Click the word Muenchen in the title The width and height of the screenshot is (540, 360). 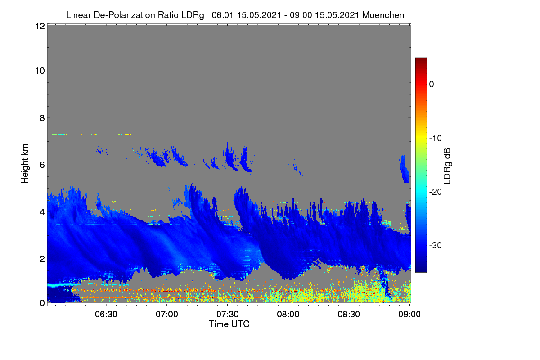click(383, 15)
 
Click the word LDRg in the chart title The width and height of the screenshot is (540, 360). click(193, 15)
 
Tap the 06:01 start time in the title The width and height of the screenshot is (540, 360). click(222, 15)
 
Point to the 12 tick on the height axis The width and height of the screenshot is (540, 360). click(40, 26)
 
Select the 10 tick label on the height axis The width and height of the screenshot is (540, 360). click(40, 71)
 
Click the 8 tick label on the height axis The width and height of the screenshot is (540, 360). click(42, 118)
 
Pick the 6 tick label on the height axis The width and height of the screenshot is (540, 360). click(42, 165)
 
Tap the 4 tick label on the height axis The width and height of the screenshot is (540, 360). click(42, 212)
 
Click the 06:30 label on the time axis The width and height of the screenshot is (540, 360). click(106, 315)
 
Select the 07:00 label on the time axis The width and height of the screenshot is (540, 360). click(167, 315)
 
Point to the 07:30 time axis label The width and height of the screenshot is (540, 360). click(228, 315)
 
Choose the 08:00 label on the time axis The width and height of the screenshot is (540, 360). click(288, 315)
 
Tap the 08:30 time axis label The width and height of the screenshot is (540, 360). click(349, 315)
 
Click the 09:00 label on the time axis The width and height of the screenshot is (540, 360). click(409, 315)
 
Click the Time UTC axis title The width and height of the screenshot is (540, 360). click(229, 324)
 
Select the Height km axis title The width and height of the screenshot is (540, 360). click(25, 164)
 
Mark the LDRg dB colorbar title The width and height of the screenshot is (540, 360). click(447, 166)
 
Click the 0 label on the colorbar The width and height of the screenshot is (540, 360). click(432, 85)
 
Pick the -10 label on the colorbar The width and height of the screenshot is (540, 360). click(436, 139)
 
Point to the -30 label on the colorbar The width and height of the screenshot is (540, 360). click(436, 245)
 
